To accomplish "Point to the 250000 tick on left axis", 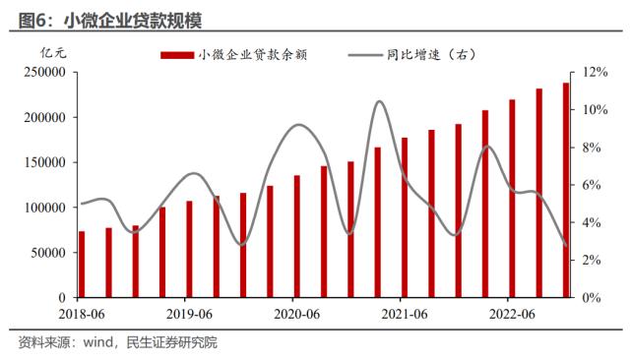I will (44, 73).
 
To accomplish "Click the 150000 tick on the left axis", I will (44, 162).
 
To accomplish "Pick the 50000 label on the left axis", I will (47, 252).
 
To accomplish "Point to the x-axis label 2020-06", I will (294, 314).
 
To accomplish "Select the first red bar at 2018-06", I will (82, 264).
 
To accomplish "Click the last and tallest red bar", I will (566, 190).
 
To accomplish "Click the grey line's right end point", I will (566, 246).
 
